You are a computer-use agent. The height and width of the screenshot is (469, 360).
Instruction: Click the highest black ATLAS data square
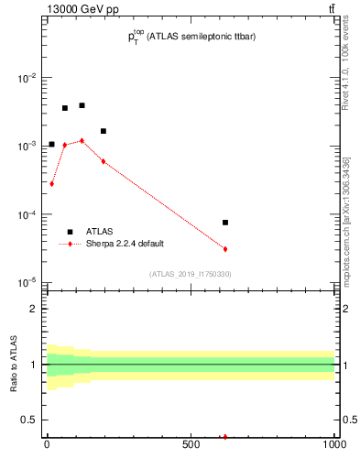pyautogui.click(x=82, y=105)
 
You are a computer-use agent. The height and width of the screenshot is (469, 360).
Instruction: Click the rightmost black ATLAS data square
pyautogui.click(x=224, y=223)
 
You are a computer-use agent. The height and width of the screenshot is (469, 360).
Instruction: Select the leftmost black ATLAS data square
pyautogui.click(x=51, y=144)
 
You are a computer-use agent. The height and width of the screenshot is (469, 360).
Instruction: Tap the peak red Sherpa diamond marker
pyautogui.click(x=82, y=140)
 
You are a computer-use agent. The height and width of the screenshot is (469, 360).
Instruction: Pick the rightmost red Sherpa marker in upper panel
pyautogui.click(x=224, y=249)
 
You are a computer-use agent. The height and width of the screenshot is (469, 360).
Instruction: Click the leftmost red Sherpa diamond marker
pyautogui.click(x=51, y=183)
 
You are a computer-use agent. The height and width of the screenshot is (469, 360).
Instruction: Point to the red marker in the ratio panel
pyautogui.click(x=224, y=437)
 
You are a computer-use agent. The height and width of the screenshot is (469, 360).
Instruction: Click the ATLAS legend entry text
pyautogui.click(x=99, y=232)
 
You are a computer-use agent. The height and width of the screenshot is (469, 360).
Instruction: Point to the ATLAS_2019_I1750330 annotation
pyautogui.click(x=190, y=274)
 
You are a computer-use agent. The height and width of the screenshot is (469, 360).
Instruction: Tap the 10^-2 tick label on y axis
pyautogui.click(x=28, y=78)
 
